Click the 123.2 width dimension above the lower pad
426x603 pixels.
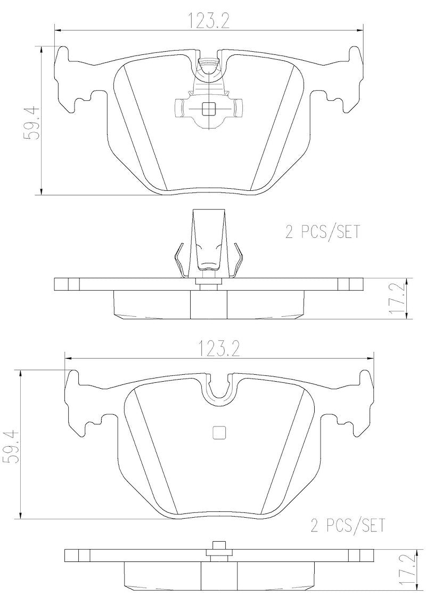click(x=219, y=349)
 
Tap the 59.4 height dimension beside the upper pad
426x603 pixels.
click(x=31, y=122)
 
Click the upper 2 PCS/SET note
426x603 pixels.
click(x=322, y=232)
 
